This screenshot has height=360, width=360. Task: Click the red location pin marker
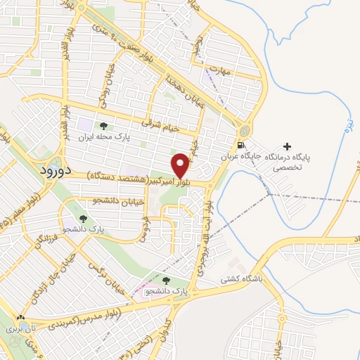[x=181, y=165]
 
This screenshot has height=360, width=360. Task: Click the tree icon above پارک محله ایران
[x=103, y=125]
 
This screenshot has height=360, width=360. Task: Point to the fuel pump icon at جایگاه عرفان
[x=242, y=146]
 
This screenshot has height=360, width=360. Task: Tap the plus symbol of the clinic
[x=286, y=146]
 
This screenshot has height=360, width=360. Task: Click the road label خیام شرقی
[x=161, y=124]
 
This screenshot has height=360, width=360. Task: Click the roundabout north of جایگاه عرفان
[x=244, y=131]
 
